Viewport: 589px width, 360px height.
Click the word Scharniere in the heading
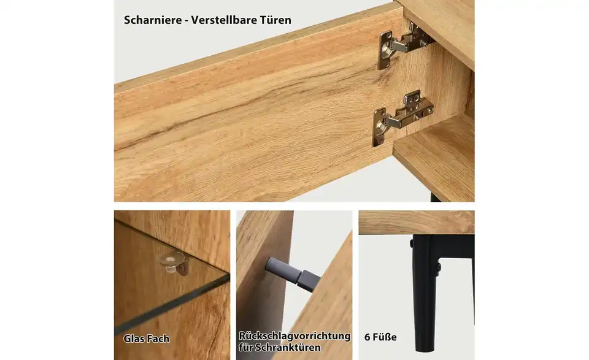pyautogui.click(x=152, y=20)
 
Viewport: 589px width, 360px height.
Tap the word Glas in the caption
pyautogui.click(x=134, y=339)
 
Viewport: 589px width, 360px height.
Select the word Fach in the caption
pyautogui.click(x=158, y=339)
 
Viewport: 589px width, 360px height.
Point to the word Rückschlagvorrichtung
pyautogui.click(x=294, y=336)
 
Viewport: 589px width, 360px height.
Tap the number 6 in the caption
pyautogui.click(x=367, y=337)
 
